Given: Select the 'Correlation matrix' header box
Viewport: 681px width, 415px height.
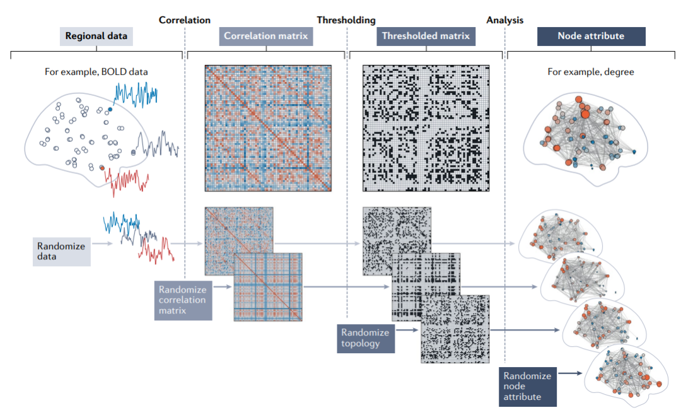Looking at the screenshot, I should click(266, 36).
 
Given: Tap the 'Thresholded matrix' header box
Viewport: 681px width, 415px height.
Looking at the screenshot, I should click(426, 36).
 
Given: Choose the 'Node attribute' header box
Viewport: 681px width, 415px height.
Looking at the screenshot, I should click(591, 36).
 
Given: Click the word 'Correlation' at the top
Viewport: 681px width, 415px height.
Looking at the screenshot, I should click(184, 20).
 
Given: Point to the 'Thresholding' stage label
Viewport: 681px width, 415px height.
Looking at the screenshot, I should click(346, 20).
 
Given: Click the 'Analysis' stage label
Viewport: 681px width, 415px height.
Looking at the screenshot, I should click(504, 20).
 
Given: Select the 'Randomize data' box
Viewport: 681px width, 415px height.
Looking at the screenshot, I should click(61, 251).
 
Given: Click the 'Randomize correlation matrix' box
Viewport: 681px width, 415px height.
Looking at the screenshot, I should click(183, 300).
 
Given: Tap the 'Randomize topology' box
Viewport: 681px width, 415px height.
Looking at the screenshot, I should click(365, 337).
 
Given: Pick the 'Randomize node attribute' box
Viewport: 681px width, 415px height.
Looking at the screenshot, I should click(527, 386).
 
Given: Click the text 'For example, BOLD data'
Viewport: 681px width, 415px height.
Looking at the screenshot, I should click(96, 72).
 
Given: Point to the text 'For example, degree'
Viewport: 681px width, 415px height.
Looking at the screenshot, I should click(591, 72).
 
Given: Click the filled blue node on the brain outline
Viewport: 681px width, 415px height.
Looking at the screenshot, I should click(110, 109).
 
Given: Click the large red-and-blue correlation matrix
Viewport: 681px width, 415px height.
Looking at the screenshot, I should click(268, 127).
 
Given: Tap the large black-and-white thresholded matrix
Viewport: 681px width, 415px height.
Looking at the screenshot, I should click(426, 127).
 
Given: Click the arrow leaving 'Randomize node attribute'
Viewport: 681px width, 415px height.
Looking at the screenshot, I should click(570, 373).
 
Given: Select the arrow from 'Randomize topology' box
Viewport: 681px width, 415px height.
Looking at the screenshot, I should click(407, 329).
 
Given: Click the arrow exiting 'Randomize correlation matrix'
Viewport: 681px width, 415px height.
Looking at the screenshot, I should click(224, 288).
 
